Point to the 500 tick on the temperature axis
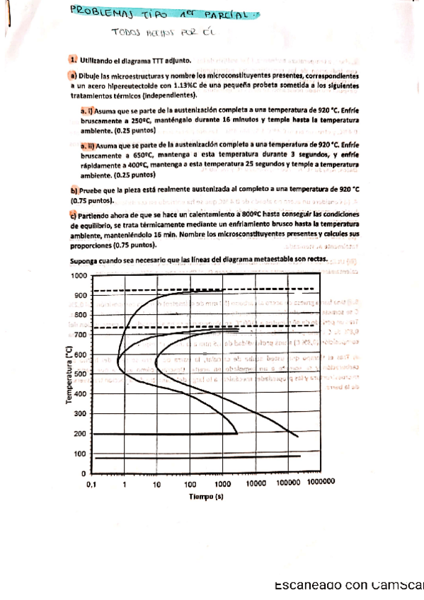coord(81,374)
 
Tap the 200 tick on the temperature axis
coord(81,434)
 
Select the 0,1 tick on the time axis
coord(91,485)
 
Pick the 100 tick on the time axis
coord(190,485)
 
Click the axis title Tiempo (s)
coord(206,497)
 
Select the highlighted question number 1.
coord(73,62)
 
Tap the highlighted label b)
coord(74,190)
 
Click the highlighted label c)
coord(74,214)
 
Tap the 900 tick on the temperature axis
coord(81,295)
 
